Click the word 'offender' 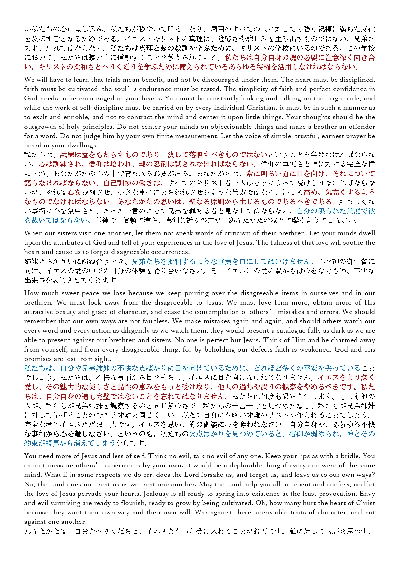[x=361, y=127]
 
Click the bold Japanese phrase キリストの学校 [x=268, y=48]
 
